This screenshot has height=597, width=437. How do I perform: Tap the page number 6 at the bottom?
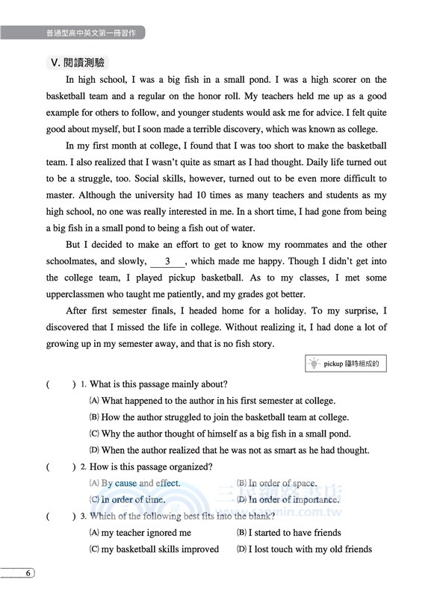(28, 573)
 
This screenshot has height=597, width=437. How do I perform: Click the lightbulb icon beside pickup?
(314, 364)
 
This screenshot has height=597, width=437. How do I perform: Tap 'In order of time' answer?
(133, 500)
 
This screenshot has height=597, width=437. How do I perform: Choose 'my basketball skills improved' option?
(160, 549)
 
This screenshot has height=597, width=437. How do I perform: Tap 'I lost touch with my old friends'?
(309, 549)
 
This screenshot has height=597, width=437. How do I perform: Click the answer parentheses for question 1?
(61, 385)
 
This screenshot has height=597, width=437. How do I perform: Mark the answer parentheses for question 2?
(61, 467)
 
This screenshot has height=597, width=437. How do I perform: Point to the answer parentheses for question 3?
(61, 516)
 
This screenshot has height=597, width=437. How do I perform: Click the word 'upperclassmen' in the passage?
(79, 294)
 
